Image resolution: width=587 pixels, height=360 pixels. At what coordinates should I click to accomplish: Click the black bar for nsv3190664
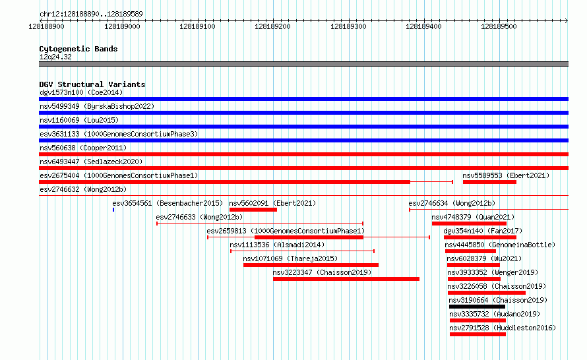point(477,307)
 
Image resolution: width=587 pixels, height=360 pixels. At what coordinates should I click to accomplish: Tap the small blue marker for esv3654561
point(113,210)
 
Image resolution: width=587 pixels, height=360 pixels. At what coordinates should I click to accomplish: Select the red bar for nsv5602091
point(253,210)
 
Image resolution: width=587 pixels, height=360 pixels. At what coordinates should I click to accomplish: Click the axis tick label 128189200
point(272,26)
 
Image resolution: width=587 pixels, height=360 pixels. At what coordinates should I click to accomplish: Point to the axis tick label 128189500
point(499,26)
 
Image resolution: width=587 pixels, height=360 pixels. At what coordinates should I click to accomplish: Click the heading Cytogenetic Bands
point(78,49)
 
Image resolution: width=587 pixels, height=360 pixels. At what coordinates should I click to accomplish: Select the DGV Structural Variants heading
point(92,84)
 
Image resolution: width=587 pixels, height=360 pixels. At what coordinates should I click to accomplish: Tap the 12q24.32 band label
point(55,57)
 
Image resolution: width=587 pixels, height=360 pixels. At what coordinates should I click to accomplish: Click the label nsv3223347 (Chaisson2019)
point(322,272)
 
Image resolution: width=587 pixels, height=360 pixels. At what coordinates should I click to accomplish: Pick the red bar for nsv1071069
point(311,265)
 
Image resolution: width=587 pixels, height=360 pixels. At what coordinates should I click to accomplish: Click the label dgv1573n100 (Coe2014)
point(81,92)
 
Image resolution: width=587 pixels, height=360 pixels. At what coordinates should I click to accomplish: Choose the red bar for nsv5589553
point(489,182)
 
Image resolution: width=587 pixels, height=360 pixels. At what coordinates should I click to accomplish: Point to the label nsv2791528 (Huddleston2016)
point(503,328)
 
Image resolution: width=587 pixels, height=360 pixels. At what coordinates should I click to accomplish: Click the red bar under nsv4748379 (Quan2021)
point(469,224)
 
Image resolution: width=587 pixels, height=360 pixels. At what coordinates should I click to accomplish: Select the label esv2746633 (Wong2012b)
point(199,217)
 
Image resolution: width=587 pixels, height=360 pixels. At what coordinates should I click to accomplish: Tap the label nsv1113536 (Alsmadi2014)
point(277,245)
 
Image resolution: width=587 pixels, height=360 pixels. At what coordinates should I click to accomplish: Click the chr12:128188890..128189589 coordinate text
point(91,14)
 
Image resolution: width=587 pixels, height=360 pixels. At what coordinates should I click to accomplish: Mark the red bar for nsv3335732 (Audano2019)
point(478,320)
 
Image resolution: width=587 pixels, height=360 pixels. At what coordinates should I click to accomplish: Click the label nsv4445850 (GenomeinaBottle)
point(500,245)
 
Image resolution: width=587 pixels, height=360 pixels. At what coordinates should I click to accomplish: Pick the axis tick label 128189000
point(122,26)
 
